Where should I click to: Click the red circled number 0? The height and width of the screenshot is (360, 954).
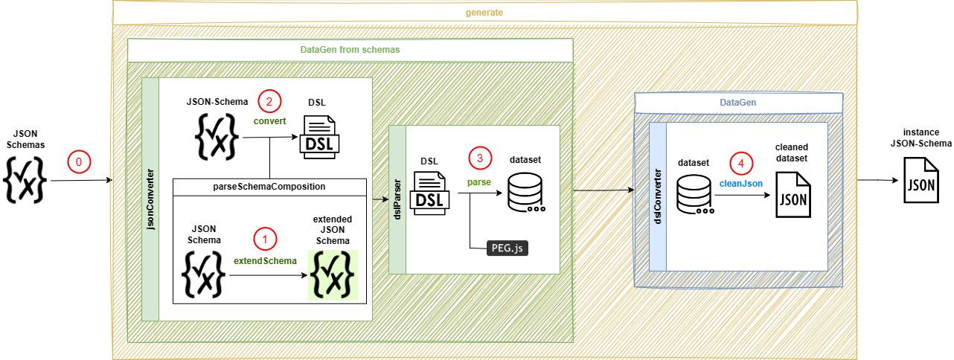coord(78,160)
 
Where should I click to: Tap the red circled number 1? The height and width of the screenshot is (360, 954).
coord(265,238)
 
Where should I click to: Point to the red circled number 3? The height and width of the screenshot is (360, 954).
coord(480,158)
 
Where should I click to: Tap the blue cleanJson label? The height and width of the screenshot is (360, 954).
coord(740,183)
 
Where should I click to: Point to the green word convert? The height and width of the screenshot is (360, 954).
coord(269,120)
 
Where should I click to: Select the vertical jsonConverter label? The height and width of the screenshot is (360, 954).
coord(150,198)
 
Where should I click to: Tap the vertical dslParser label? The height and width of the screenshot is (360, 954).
coord(397,199)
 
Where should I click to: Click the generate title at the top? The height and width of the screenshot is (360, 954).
coord(485,13)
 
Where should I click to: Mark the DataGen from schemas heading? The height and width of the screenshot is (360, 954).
coord(350,50)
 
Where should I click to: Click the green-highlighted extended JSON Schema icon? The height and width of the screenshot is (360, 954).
coord(333,274)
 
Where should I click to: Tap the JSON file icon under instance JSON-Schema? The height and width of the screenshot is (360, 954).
coord(919,182)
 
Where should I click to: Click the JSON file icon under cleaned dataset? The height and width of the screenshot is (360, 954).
coord(793,195)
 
